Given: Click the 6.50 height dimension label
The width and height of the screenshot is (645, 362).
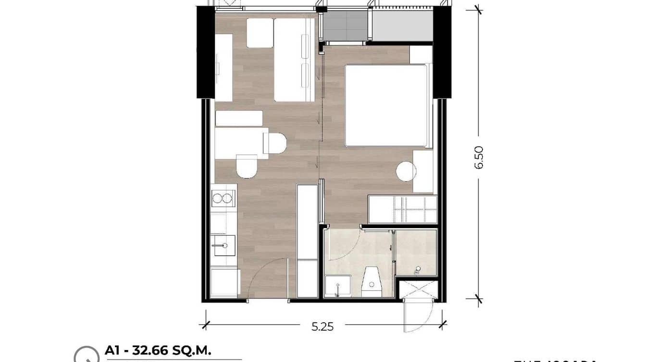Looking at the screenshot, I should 479,157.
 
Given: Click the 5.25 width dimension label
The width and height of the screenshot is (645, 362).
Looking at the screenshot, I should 322,327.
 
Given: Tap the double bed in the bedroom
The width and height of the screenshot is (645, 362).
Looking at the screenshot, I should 385,105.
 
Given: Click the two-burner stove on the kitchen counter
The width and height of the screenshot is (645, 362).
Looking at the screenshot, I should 223,198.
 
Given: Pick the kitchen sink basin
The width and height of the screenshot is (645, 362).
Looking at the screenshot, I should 223,245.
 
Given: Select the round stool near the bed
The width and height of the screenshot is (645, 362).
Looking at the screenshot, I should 406,171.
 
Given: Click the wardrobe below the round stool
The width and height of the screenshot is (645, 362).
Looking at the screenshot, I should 403,209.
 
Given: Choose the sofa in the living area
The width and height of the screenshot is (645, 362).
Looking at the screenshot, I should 294,60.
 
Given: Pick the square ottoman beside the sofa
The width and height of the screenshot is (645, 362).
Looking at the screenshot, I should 260,33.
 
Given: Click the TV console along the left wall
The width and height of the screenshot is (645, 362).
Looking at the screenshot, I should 224,67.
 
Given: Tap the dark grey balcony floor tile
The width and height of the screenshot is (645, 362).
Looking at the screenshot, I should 345,26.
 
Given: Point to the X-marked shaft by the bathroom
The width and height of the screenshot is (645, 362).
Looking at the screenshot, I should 418,290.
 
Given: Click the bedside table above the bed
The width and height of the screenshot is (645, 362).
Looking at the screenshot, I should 421,55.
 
